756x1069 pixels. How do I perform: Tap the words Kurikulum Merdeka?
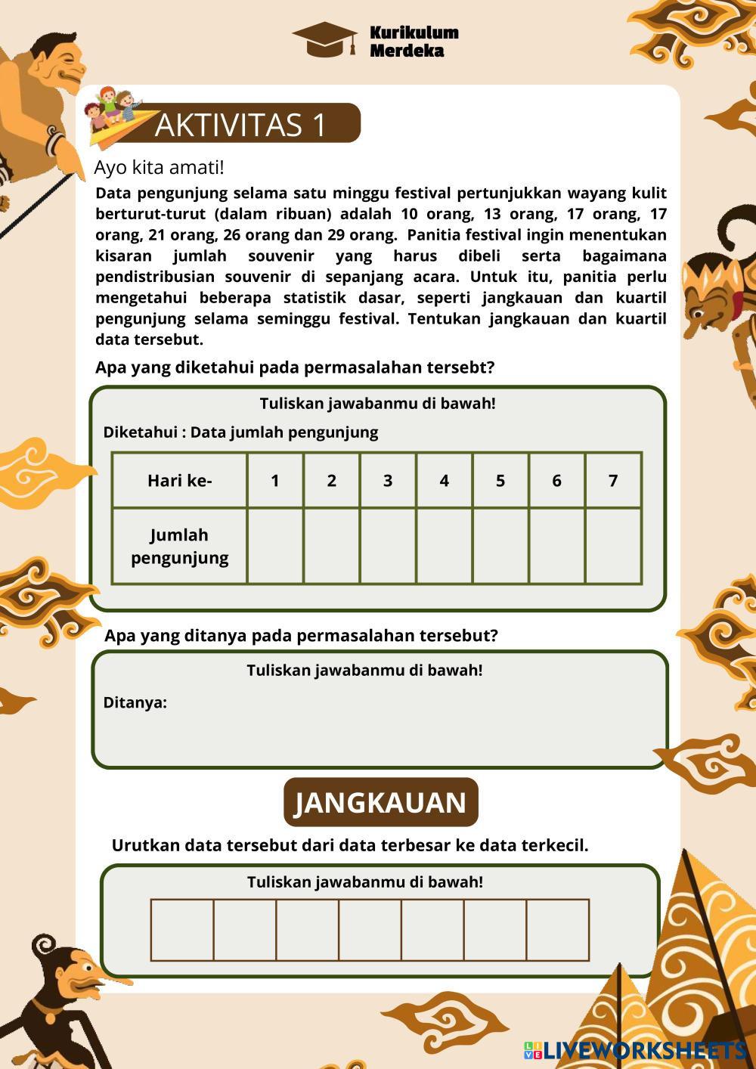[414, 42]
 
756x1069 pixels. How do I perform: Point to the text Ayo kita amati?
[159, 167]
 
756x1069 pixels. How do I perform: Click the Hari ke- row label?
[180, 480]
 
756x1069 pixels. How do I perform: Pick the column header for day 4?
[444, 480]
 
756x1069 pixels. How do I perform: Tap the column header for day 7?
[613, 480]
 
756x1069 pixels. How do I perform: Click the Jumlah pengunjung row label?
[180, 546]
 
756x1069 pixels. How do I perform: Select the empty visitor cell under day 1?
[275, 546]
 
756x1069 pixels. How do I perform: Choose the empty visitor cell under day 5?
[500, 546]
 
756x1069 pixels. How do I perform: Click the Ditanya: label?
[135, 702]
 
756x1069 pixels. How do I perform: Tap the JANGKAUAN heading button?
[380, 802]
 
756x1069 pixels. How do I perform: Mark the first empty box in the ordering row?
[182, 930]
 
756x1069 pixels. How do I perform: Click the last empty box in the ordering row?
[557, 930]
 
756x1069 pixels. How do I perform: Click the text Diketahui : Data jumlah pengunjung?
[240, 432]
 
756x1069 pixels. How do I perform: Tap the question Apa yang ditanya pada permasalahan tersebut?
[301, 635]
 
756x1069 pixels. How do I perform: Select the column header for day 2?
[331, 480]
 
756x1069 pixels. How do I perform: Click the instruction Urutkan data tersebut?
[349, 845]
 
